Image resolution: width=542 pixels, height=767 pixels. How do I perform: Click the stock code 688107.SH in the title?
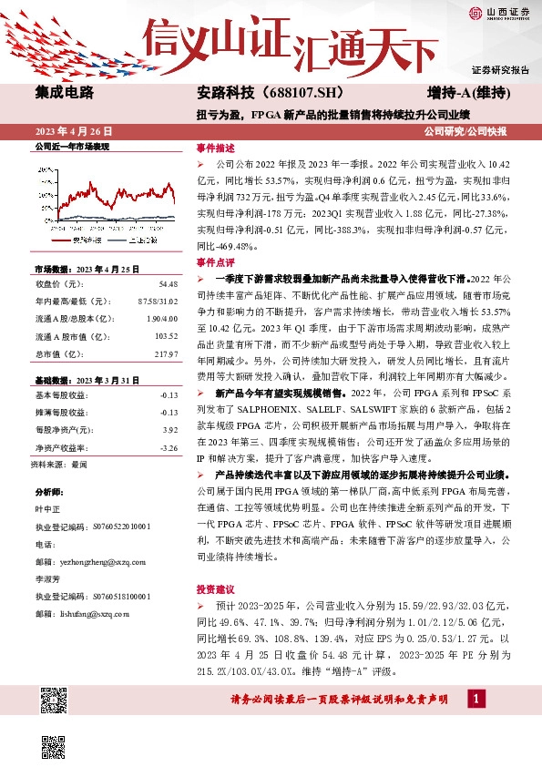[306, 93]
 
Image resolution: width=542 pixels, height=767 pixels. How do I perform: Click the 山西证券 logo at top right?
[498, 13]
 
